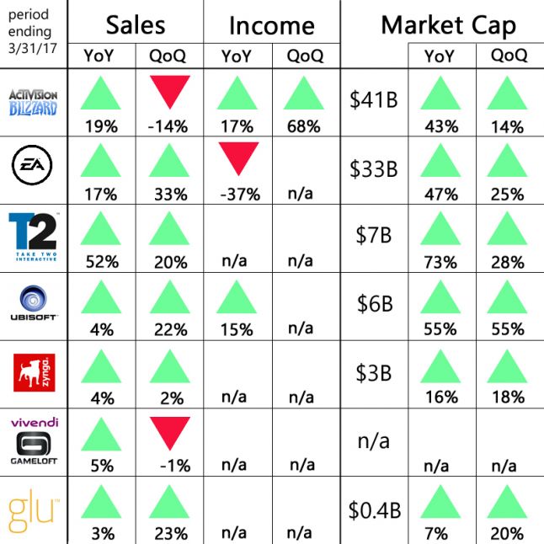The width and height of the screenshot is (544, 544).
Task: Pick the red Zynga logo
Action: click(x=33, y=372)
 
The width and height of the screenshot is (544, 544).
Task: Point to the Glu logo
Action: click(x=33, y=510)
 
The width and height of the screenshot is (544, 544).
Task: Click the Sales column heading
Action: click(x=136, y=25)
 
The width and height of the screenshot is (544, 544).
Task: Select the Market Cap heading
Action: click(x=448, y=25)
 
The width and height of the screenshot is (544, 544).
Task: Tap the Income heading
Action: click(x=271, y=26)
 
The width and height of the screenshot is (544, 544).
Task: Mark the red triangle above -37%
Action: click(x=237, y=158)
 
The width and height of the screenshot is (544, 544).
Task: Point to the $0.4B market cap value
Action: click(x=374, y=509)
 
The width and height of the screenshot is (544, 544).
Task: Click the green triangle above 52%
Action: click(x=101, y=228)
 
